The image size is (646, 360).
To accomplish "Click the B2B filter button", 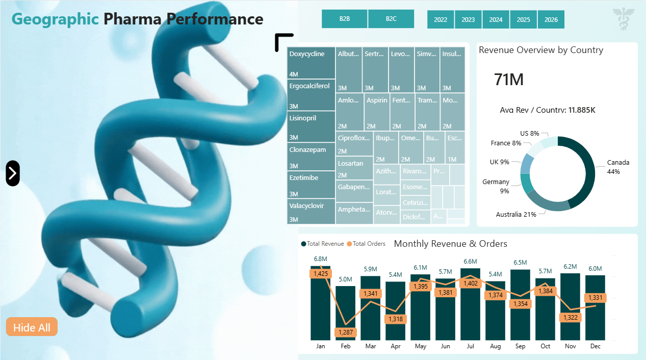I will tap(345, 19).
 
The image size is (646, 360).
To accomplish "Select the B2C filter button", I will tap(391, 19).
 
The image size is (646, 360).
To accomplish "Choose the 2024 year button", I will tap(496, 19).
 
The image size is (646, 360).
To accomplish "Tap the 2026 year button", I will tap(551, 19).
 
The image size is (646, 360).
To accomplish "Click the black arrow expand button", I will tap(13, 173).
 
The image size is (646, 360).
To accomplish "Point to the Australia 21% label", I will tap(516, 215).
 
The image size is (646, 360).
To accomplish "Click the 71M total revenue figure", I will tap(508, 80).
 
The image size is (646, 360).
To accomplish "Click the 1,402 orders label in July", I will tap(470, 284).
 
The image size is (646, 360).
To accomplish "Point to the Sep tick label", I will tap(520, 346).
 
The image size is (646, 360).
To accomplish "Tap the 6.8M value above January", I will tap(321, 259).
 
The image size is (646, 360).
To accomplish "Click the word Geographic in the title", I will tap(55, 19).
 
